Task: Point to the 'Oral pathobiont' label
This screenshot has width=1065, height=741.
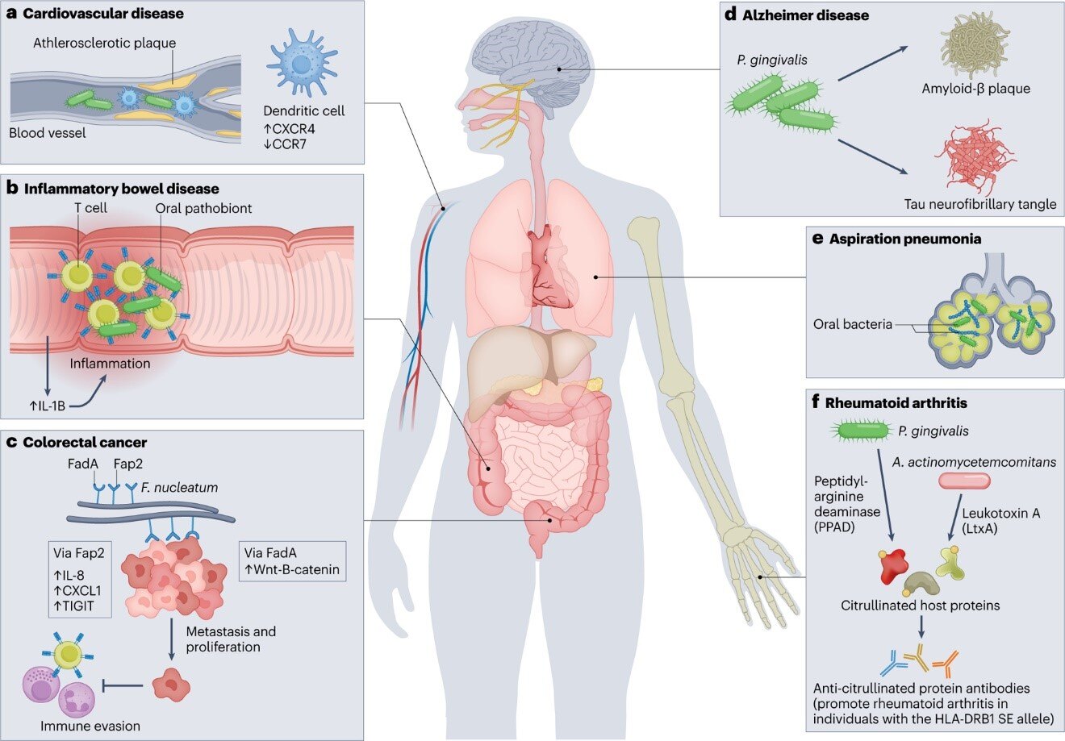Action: [x=204, y=208]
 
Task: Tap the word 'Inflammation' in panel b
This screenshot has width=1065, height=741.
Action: [x=110, y=363]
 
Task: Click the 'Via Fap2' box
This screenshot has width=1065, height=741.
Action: [x=78, y=579]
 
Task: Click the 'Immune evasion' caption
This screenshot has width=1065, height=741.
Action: [x=90, y=726]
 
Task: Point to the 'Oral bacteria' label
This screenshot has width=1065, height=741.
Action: [x=852, y=324]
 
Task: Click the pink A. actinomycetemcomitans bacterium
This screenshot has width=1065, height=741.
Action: [x=964, y=481]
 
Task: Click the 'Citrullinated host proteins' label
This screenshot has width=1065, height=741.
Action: [x=921, y=606]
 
